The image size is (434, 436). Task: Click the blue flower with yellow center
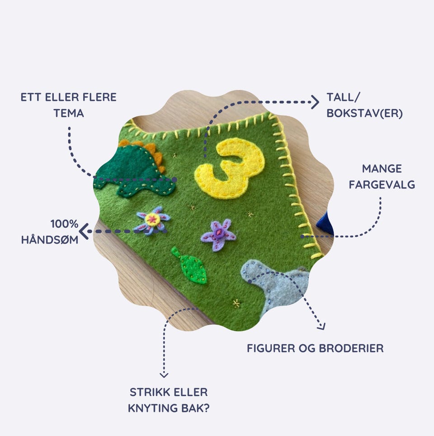point(153,220)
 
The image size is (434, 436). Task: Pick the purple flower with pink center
point(218,235)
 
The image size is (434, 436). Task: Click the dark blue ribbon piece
point(325,224)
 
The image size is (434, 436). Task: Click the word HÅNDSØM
point(50,240)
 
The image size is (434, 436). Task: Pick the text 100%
point(64,224)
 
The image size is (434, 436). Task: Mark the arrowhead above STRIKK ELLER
point(164,374)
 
